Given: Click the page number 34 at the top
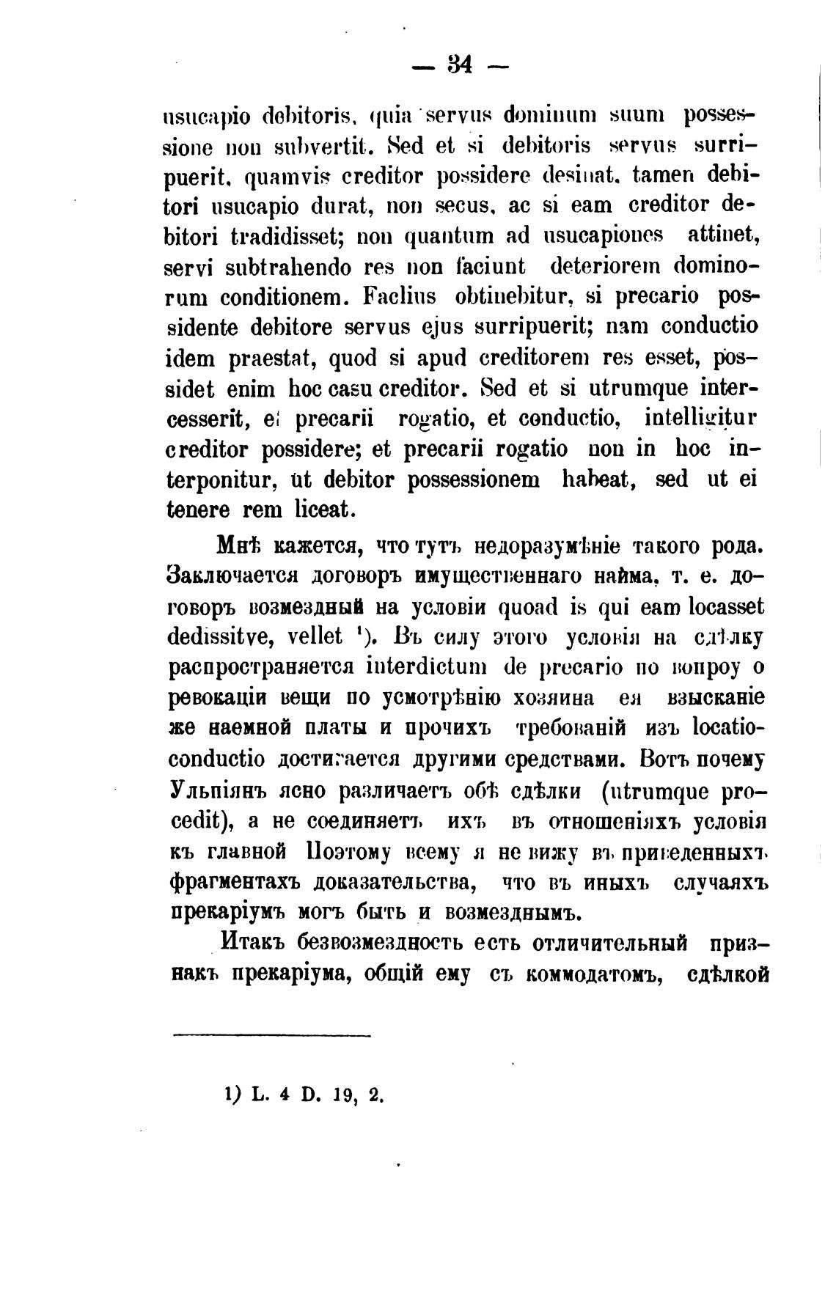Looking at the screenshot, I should (459, 66).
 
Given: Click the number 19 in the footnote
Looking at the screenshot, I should (338, 1096).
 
